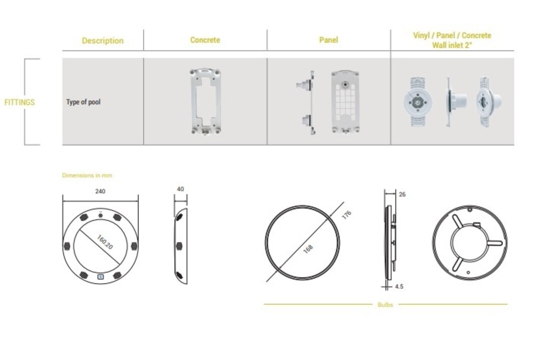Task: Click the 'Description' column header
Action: point(102,40)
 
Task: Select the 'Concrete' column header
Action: point(205,40)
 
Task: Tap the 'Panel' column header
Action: point(328,40)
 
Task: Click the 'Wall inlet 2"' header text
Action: point(452,45)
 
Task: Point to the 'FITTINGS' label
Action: point(19,102)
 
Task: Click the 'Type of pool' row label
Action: point(83,102)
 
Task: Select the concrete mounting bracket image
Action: point(205,101)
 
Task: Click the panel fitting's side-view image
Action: point(306,102)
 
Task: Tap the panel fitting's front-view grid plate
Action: point(345,102)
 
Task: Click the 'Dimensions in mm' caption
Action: point(87,175)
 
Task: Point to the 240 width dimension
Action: point(100,191)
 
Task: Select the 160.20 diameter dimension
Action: point(104,242)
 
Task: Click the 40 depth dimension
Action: point(180,189)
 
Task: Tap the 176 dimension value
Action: point(346,214)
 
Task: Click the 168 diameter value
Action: point(307,249)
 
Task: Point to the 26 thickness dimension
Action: point(402,194)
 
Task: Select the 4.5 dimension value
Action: point(399,286)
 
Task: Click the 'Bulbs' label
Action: point(385,305)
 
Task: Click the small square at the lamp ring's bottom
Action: point(100,277)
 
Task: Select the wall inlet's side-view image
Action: point(456,102)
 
